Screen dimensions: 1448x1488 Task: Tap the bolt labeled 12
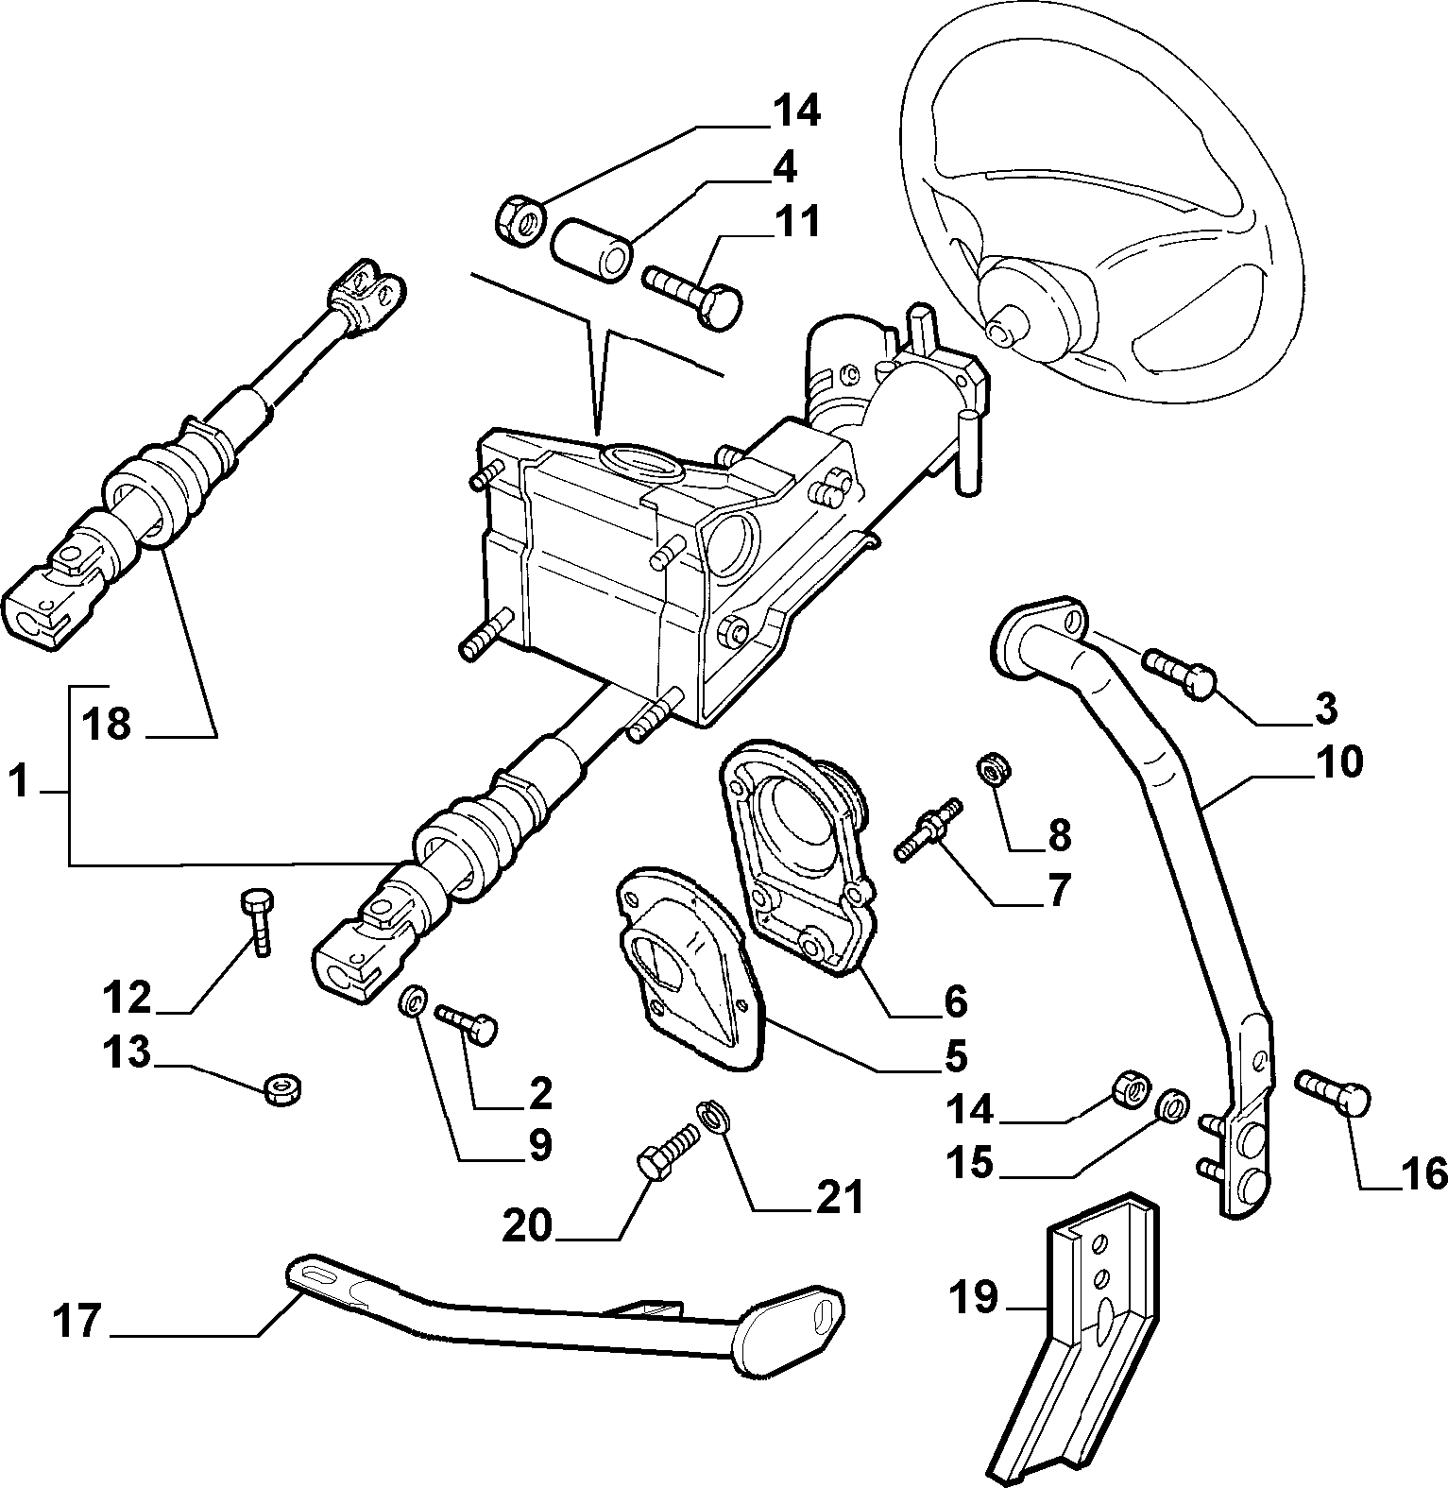coord(258,921)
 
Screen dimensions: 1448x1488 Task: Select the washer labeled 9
coord(413,1001)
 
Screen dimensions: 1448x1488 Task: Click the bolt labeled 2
coord(467,1023)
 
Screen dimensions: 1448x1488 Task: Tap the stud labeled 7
coord(928,828)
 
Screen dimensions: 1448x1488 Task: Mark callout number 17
coord(76,1321)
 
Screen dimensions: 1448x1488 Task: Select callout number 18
coord(105,726)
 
